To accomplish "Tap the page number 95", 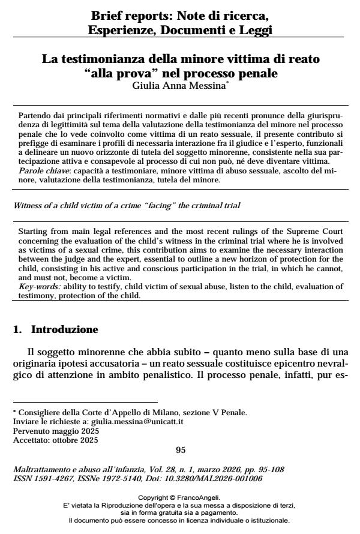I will (180, 449).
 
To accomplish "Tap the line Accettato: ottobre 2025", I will (52, 439).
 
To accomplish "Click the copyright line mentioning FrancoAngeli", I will (179, 497).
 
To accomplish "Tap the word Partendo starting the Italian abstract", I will (35, 115).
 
